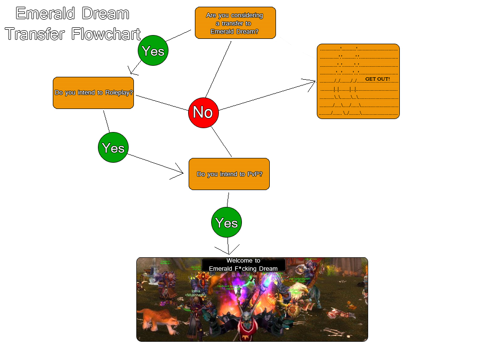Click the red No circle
[x=203, y=112]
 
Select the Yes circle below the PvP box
[x=227, y=223]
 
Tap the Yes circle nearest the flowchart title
[x=153, y=51]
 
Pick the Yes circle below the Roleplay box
[x=113, y=148]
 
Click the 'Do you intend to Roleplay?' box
[x=93, y=93]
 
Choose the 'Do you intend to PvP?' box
[x=229, y=174]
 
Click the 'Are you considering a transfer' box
[x=235, y=23]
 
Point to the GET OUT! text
[x=377, y=79]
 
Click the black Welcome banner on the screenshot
[x=243, y=264]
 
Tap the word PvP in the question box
[x=253, y=174]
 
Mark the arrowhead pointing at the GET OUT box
[x=312, y=82]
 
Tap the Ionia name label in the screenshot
[x=195, y=291]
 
